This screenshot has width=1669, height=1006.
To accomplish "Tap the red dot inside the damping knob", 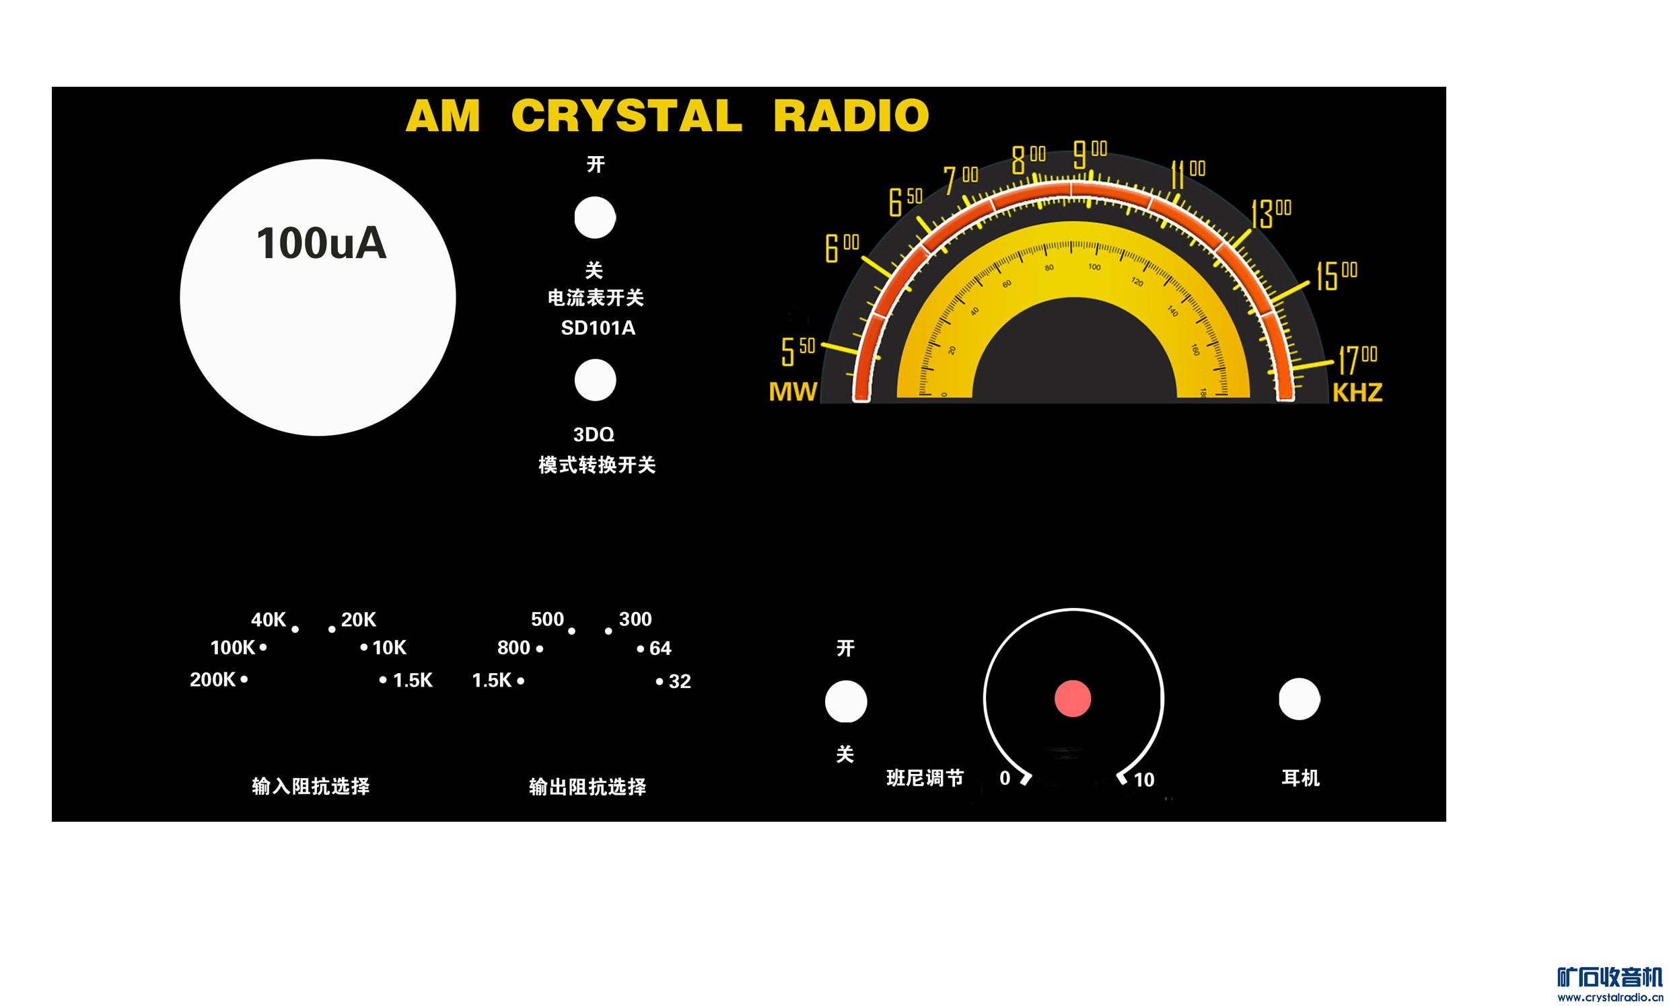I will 1072,699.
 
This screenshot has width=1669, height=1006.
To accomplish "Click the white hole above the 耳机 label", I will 1298,699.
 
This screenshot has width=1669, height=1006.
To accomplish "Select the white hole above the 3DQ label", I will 595,380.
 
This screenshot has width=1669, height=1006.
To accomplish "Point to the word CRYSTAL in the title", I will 627,115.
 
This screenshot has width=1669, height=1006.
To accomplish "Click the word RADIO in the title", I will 851,115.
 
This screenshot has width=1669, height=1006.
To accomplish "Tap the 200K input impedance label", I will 212,680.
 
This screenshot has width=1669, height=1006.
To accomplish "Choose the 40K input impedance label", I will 269,619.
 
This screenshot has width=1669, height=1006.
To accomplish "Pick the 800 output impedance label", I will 513,648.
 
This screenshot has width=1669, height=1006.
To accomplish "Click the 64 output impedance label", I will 660,648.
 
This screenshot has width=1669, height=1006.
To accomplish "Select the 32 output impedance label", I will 680,682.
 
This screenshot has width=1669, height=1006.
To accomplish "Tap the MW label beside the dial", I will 793,392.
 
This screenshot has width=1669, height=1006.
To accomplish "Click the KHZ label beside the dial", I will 1357,393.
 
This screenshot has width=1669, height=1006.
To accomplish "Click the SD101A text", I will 598,328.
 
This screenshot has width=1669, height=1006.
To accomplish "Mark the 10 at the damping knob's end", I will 1143,780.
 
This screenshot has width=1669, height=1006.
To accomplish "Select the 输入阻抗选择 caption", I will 311,786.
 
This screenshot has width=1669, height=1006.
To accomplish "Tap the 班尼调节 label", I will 925,779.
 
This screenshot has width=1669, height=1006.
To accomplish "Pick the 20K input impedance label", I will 358,619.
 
